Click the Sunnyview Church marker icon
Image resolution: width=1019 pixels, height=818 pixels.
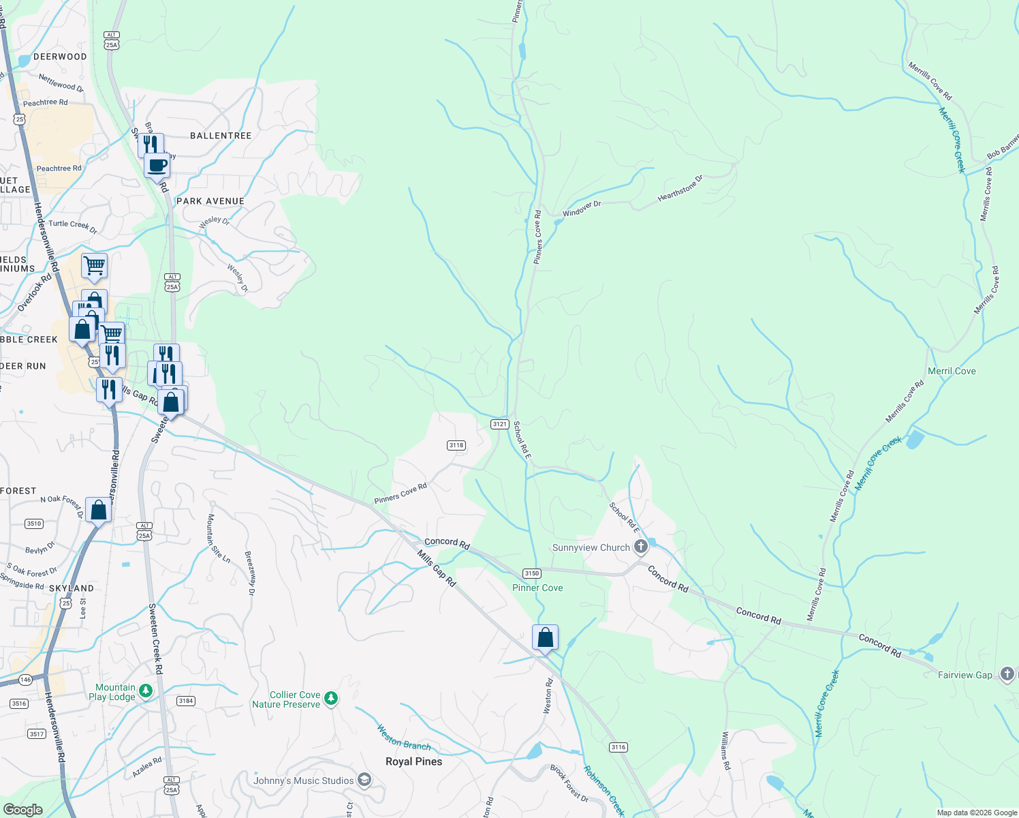(640, 547)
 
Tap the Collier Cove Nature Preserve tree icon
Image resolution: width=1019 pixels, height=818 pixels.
(331, 699)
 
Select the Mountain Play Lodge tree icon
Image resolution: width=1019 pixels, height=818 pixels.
(146, 692)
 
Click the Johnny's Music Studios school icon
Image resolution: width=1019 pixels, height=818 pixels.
(364, 780)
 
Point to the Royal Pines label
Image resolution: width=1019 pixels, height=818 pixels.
(413, 761)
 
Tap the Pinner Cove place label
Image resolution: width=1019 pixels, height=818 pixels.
(537, 588)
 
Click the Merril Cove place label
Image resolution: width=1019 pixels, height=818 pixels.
(952, 371)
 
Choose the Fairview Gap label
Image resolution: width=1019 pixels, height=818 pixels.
(965, 675)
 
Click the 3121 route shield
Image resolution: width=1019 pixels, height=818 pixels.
(499, 424)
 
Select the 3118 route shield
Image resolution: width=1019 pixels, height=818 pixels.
(456, 445)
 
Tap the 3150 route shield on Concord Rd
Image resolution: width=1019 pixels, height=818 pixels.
(531, 573)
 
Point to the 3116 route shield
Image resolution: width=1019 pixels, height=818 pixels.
(618, 747)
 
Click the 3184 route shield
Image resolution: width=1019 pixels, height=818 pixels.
(185, 701)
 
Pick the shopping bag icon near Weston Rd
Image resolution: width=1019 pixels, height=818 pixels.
(545, 637)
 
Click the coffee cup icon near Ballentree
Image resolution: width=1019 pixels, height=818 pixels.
(157, 165)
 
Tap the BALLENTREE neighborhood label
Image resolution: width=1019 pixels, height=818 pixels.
(221, 136)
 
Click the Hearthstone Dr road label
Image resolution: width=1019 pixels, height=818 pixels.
(680, 189)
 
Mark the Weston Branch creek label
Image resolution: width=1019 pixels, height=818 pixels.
(404, 738)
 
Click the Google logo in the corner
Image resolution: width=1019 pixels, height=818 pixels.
(23, 809)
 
